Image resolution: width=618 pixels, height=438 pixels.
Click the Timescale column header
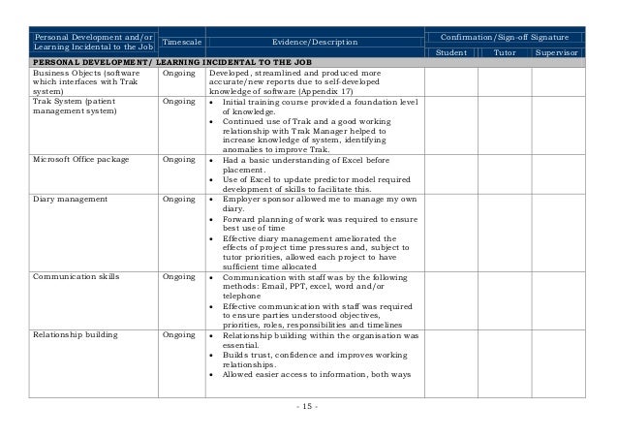click(180, 42)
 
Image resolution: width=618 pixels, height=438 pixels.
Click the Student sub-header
click(452, 52)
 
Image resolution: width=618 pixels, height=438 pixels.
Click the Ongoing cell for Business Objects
click(180, 73)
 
